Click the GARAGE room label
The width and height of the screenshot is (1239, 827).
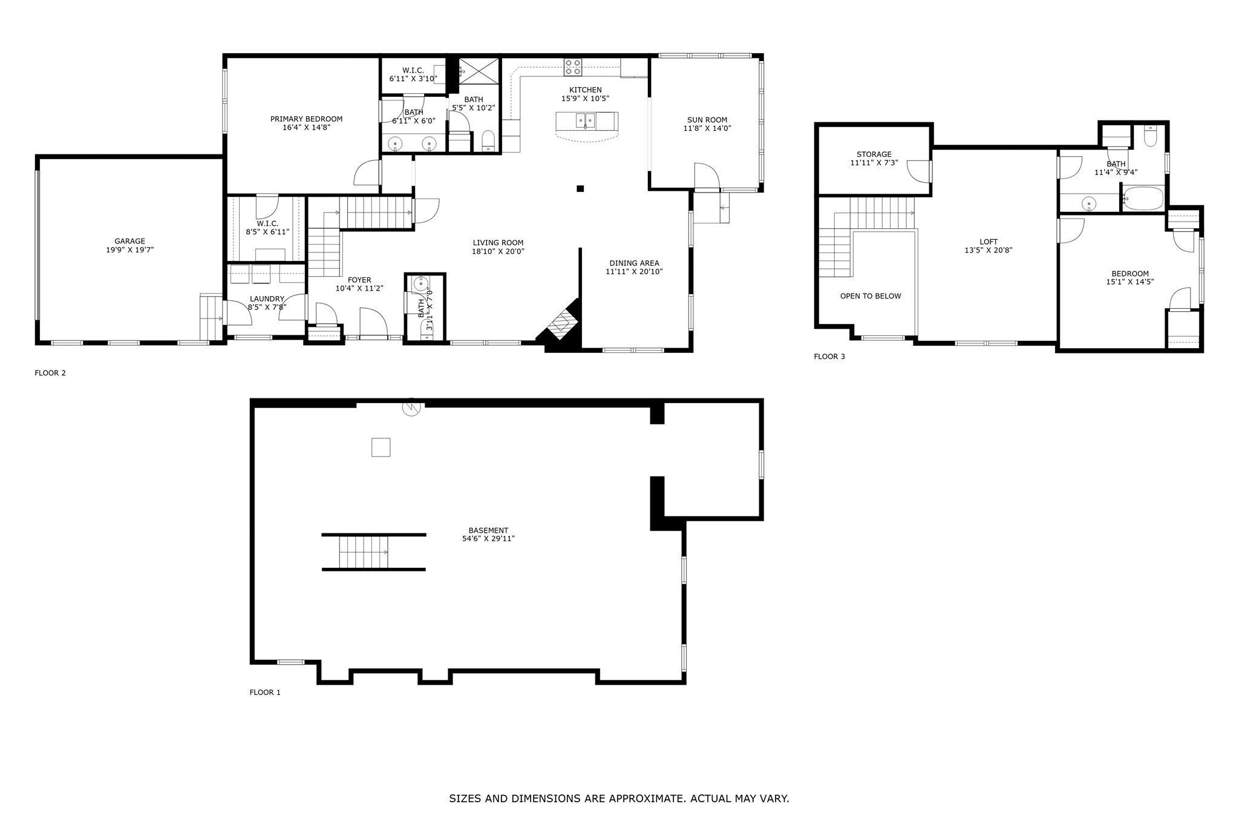click(x=130, y=241)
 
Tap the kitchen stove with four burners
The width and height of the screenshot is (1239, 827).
click(x=573, y=67)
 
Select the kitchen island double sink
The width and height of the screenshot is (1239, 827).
click(x=586, y=120)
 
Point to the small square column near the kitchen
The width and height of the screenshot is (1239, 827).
click(x=580, y=188)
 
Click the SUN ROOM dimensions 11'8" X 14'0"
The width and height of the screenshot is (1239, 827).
click(x=707, y=128)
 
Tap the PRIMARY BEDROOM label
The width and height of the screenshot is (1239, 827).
click(x=306, y=119)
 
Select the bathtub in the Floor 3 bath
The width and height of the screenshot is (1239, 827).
click(x=1143, y=198)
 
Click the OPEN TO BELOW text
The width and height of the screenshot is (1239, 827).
click(x=871, y=296)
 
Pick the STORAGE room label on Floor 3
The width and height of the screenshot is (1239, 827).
click(x=874, y=154)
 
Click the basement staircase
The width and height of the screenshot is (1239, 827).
click(x=363, y=552)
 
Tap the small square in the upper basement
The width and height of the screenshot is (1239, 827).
click(x=381, y=447)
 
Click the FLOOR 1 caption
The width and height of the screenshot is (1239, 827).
click(x=265, y=692)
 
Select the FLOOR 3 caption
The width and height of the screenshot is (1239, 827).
click(x=829, y=357)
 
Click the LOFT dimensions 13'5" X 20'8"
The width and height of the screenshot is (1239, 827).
click(x=989, y=250)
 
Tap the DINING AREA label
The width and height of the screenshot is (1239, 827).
click(x=634, y=263)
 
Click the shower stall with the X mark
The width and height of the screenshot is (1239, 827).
click(x=480, y=70)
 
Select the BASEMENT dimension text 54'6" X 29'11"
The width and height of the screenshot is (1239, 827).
click(x=488, y=538)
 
